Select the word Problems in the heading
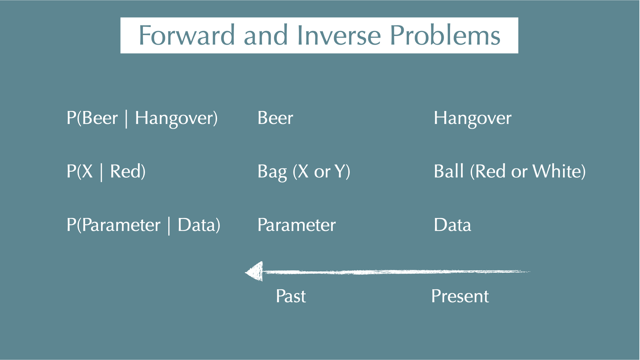coord(445,35)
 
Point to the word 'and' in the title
coord(266,35)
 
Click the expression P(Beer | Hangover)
coord(142,118)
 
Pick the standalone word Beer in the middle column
coord(275,118)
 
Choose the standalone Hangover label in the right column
coord(472,118)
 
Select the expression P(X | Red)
coord(106,172)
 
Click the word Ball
coord(449,171)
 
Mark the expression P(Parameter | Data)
coord(143,225)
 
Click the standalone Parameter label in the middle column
coord(296,225)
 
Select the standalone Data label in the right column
coord(452,225)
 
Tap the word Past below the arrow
coord(291,296)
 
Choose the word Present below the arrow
coord(460,296)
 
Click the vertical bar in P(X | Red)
coord(101,172)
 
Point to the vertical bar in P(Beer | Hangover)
coord(126,119)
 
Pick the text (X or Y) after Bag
coord(321,172)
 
